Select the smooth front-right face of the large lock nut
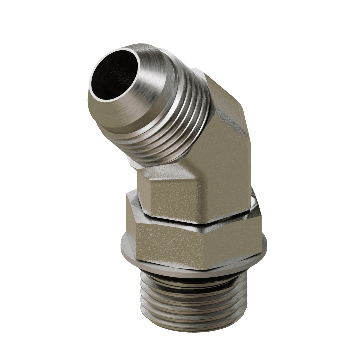(x=230, y=240)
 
